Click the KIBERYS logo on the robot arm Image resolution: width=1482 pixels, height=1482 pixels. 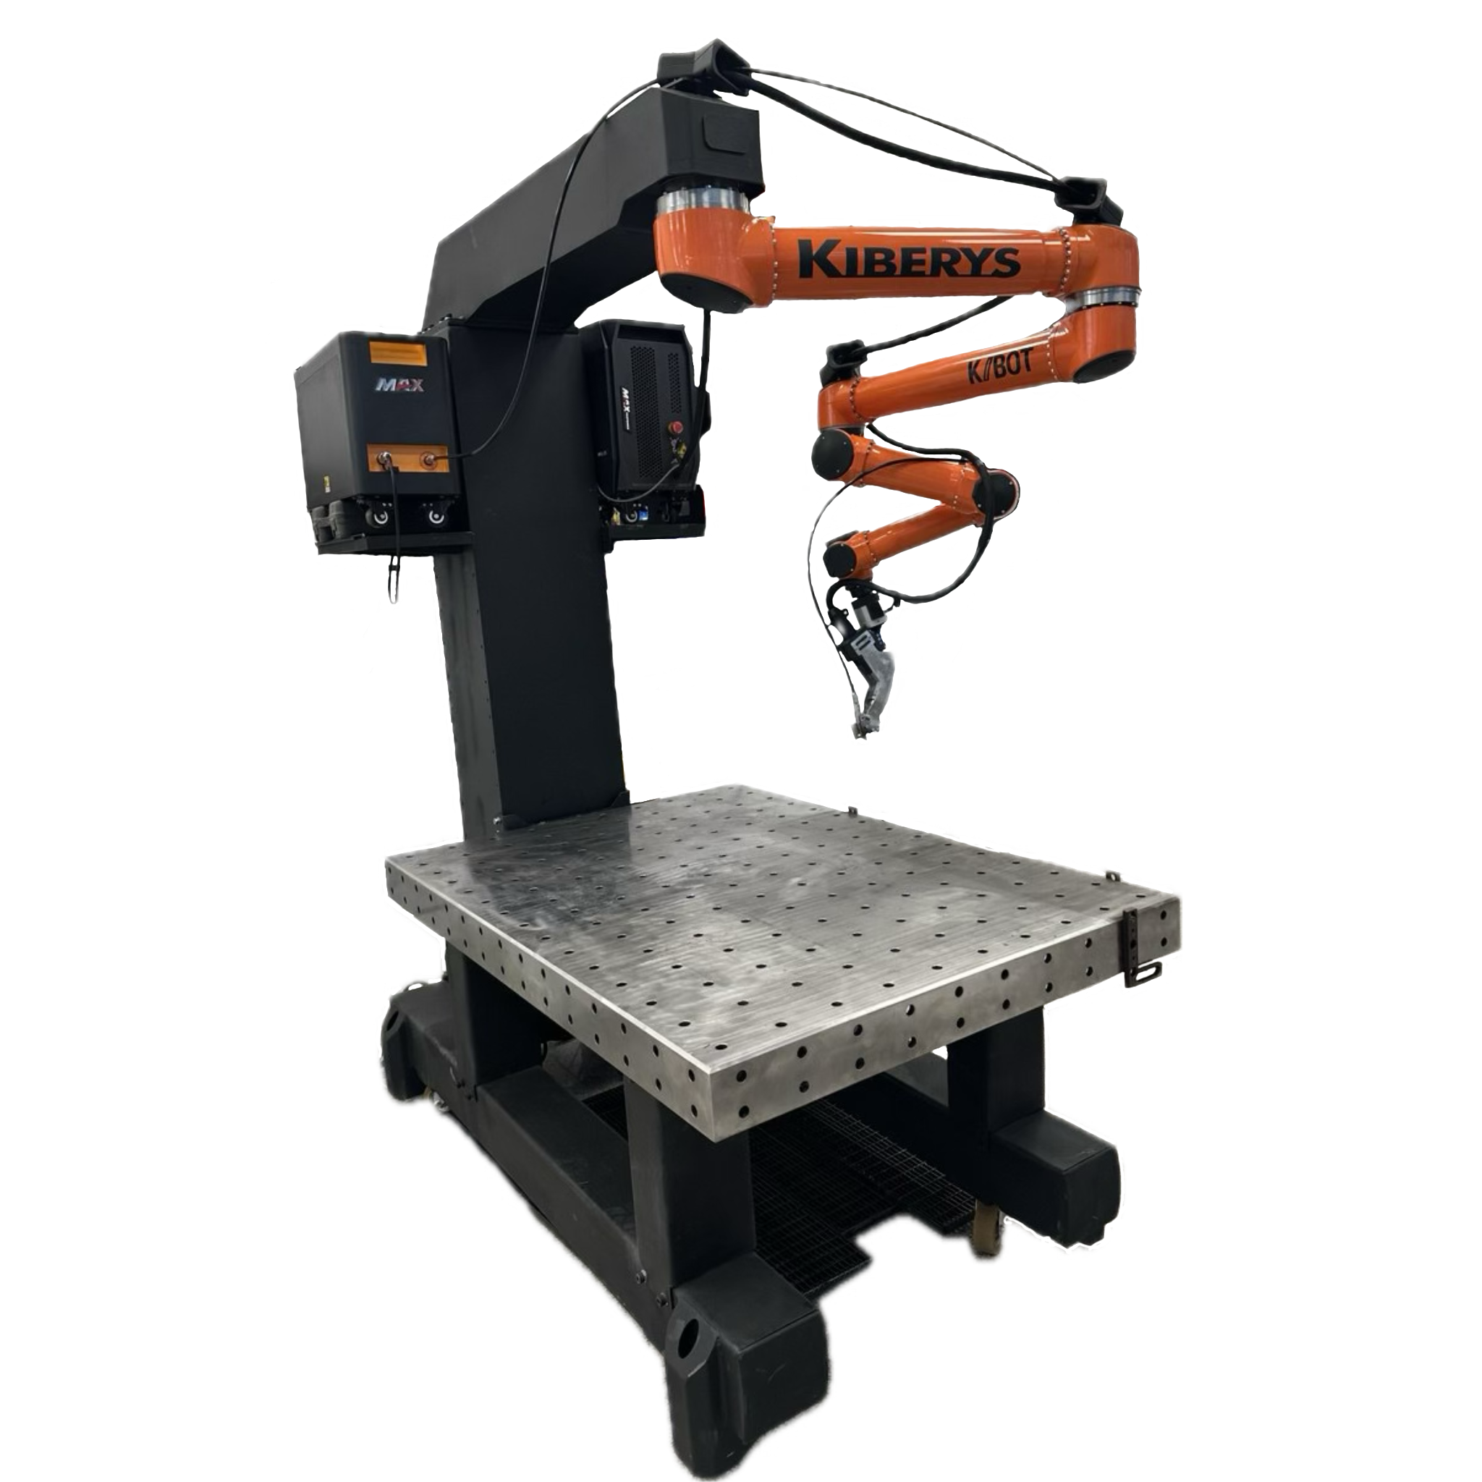coord(909,259)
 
